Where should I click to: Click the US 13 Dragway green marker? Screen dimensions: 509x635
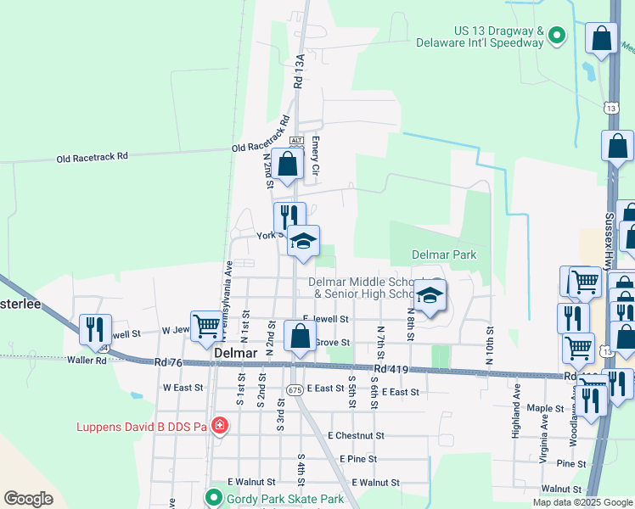tap(557, 35)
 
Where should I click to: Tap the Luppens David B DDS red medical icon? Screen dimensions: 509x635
tap(219, 425)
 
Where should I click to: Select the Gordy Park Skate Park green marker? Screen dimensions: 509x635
tap(214, 498)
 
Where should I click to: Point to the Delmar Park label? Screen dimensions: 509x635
tap(444, 255)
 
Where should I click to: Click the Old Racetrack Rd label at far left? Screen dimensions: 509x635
tap(92, 157)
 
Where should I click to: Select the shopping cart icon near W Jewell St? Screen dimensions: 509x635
tap(205, 326)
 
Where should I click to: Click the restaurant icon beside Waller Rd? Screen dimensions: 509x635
tap(95, 328)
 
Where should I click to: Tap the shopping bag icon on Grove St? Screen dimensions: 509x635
tap(299, 335)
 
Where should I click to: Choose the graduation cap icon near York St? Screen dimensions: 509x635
tap(303, 241)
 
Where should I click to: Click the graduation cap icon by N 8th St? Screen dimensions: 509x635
tap(430, 297)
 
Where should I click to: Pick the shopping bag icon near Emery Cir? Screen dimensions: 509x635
tap(288, 165)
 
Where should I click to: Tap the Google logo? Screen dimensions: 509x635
tap(28, 499)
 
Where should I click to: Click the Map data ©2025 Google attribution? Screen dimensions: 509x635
tap(582, 502)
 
